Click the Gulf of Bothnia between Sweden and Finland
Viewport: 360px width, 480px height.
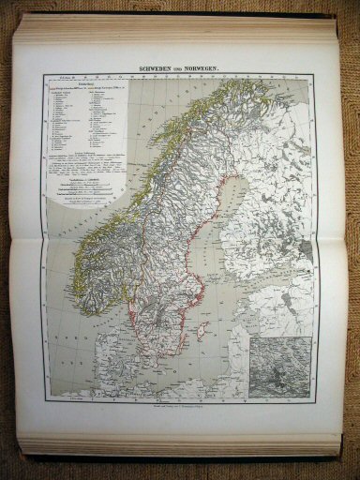(x=206, y=230)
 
